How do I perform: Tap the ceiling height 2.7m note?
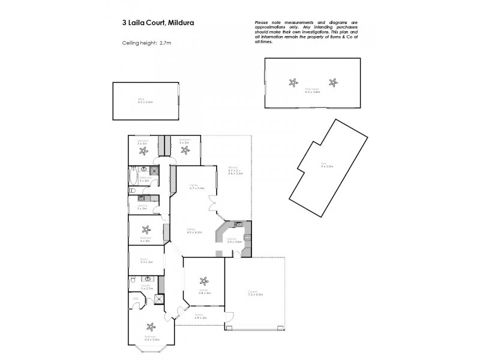click(x=146, y=43)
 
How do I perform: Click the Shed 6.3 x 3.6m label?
click(x=145, y=102)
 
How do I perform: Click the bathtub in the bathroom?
click(x=133, y=176)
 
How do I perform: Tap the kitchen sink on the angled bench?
click(x=238, y=224)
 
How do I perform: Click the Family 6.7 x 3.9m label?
click(x=194, y=187)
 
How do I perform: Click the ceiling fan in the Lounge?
click(x=204, y=280)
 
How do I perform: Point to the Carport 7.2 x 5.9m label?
click(x=256, y=294)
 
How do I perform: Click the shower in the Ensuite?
click(x=158, y=302)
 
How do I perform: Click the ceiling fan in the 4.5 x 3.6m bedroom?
click(x=149, y=327)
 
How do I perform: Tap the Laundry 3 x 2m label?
click(x=143, y=208)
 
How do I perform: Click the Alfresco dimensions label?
click(x=235, y=170)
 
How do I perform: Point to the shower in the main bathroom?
click(x=155, y=170)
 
